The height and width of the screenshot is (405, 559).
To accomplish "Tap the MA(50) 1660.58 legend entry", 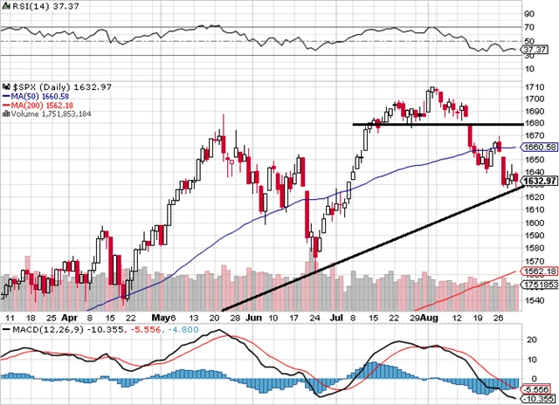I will coord(40,97).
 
